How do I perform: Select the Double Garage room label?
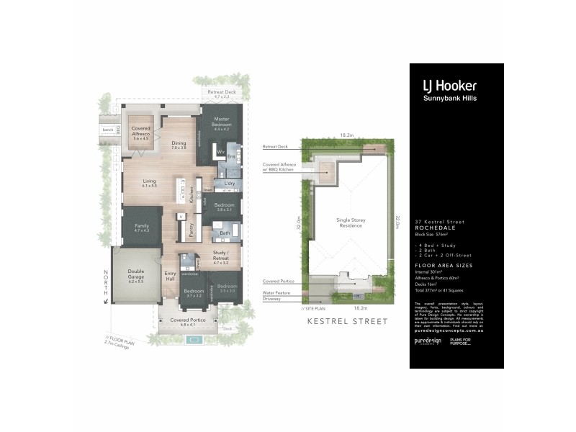click(x=135, y=275)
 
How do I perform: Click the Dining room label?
click(x=179, y=144)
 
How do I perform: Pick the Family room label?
click(x=141, y=227)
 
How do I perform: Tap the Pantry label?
click(x=191, y=229)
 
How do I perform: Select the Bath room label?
click(x=225, y=233)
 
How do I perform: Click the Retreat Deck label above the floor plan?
click(x=221, y=93)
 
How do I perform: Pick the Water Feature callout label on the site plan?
click(x=276, y=293)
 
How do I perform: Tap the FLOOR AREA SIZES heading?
click(x=441, y=266)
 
